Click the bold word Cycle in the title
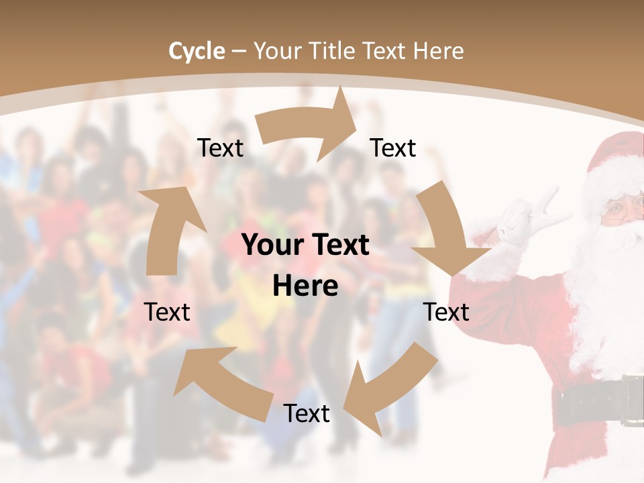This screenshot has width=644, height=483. pos(197,51)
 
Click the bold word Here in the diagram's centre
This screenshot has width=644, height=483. pos(305,286)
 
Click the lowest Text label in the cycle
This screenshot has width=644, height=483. pos(306,414)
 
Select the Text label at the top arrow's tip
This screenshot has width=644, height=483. pos(393,148)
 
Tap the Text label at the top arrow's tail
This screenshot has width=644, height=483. pos(220,148)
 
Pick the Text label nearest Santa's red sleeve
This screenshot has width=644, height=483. pos(446,312)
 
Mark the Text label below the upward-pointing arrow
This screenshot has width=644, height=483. pos(167,312)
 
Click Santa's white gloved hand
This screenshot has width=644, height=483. pos(533,221)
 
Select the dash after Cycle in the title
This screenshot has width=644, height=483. pos(238,52)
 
